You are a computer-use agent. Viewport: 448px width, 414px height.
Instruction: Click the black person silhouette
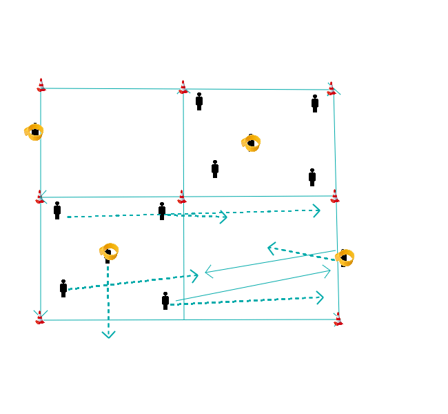point(312,179)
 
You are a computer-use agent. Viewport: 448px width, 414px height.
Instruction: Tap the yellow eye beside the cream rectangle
point(251,143)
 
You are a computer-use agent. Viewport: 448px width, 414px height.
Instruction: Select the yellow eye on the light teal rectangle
point(34,131)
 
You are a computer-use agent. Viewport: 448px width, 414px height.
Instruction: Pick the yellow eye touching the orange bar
point(109,251)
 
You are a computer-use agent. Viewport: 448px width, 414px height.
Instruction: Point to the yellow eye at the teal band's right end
point(344,257)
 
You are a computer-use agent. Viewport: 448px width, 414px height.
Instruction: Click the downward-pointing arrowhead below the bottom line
point(108,335)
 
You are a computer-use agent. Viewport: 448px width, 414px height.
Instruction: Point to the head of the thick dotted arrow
point(316,210)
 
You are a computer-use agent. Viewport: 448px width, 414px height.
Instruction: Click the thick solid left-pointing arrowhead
point(273,248)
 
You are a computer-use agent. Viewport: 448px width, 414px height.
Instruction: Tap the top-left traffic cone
point(41,85)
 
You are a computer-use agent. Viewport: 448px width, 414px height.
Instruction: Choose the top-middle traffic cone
point(183,87)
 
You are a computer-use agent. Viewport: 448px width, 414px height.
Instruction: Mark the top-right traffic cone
point(332,88)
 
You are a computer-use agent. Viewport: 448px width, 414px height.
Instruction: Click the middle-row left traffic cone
point(41,197)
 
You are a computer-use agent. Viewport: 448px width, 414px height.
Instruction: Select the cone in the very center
point(182,197)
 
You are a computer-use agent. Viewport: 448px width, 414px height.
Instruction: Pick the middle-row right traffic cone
point(334,196)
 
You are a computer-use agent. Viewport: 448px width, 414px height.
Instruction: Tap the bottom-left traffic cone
point(40,317)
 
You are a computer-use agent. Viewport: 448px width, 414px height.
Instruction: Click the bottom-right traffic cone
point(338,319)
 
